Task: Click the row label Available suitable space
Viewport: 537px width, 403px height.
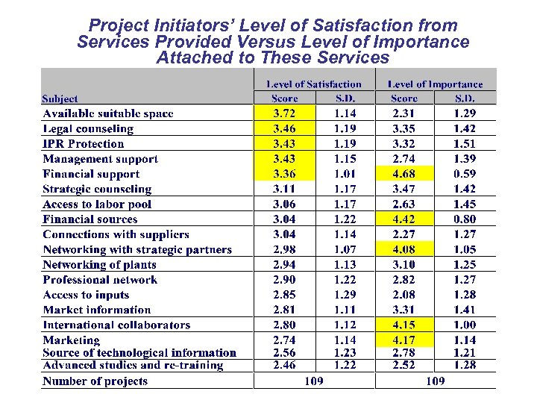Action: pyautogui.click(x=108, y=113)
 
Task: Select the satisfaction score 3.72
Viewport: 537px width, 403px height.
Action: pyautogui.click(x=284, y=113)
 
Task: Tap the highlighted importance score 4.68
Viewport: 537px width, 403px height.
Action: pyautogui.click(x=404, y=174)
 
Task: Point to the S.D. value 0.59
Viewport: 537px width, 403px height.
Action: pyautogui.click(x=465, y=174)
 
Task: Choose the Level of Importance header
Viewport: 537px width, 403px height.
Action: pyautogui.click(x=435, y=84)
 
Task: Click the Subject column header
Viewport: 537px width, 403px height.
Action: pyautogui.click(x=60, y=99)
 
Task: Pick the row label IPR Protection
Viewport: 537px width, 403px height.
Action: pyautogui.click(x=84, y=144)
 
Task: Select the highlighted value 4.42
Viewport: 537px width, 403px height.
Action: pyautogui.click(x=404, y=219)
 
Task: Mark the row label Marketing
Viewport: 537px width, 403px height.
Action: pyautogui.click(x=72, y=340)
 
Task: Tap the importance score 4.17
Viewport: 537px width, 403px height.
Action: pyautogui.click(x=404, y=340)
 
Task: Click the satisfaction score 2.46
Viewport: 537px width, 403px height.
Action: pyautogui.click(x=284, y=366)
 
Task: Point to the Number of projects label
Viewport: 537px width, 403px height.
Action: pyautogui.click(x=95, y=381)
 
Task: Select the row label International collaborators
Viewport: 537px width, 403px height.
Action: pyautogui.click(x=116, y=325)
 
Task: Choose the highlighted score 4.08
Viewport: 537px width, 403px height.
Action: pyautogui.click(x=404, y=250)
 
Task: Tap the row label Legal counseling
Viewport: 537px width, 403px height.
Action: pyautogui.click(x=88, y=129)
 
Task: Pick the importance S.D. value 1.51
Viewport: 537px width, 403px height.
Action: pyautogui.click(x=465, y=144)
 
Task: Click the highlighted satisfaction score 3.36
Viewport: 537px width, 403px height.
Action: pyautogui.click(x=284, y=174)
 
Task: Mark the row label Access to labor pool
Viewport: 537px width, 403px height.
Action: pyautogui.click(x=97, y=204)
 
